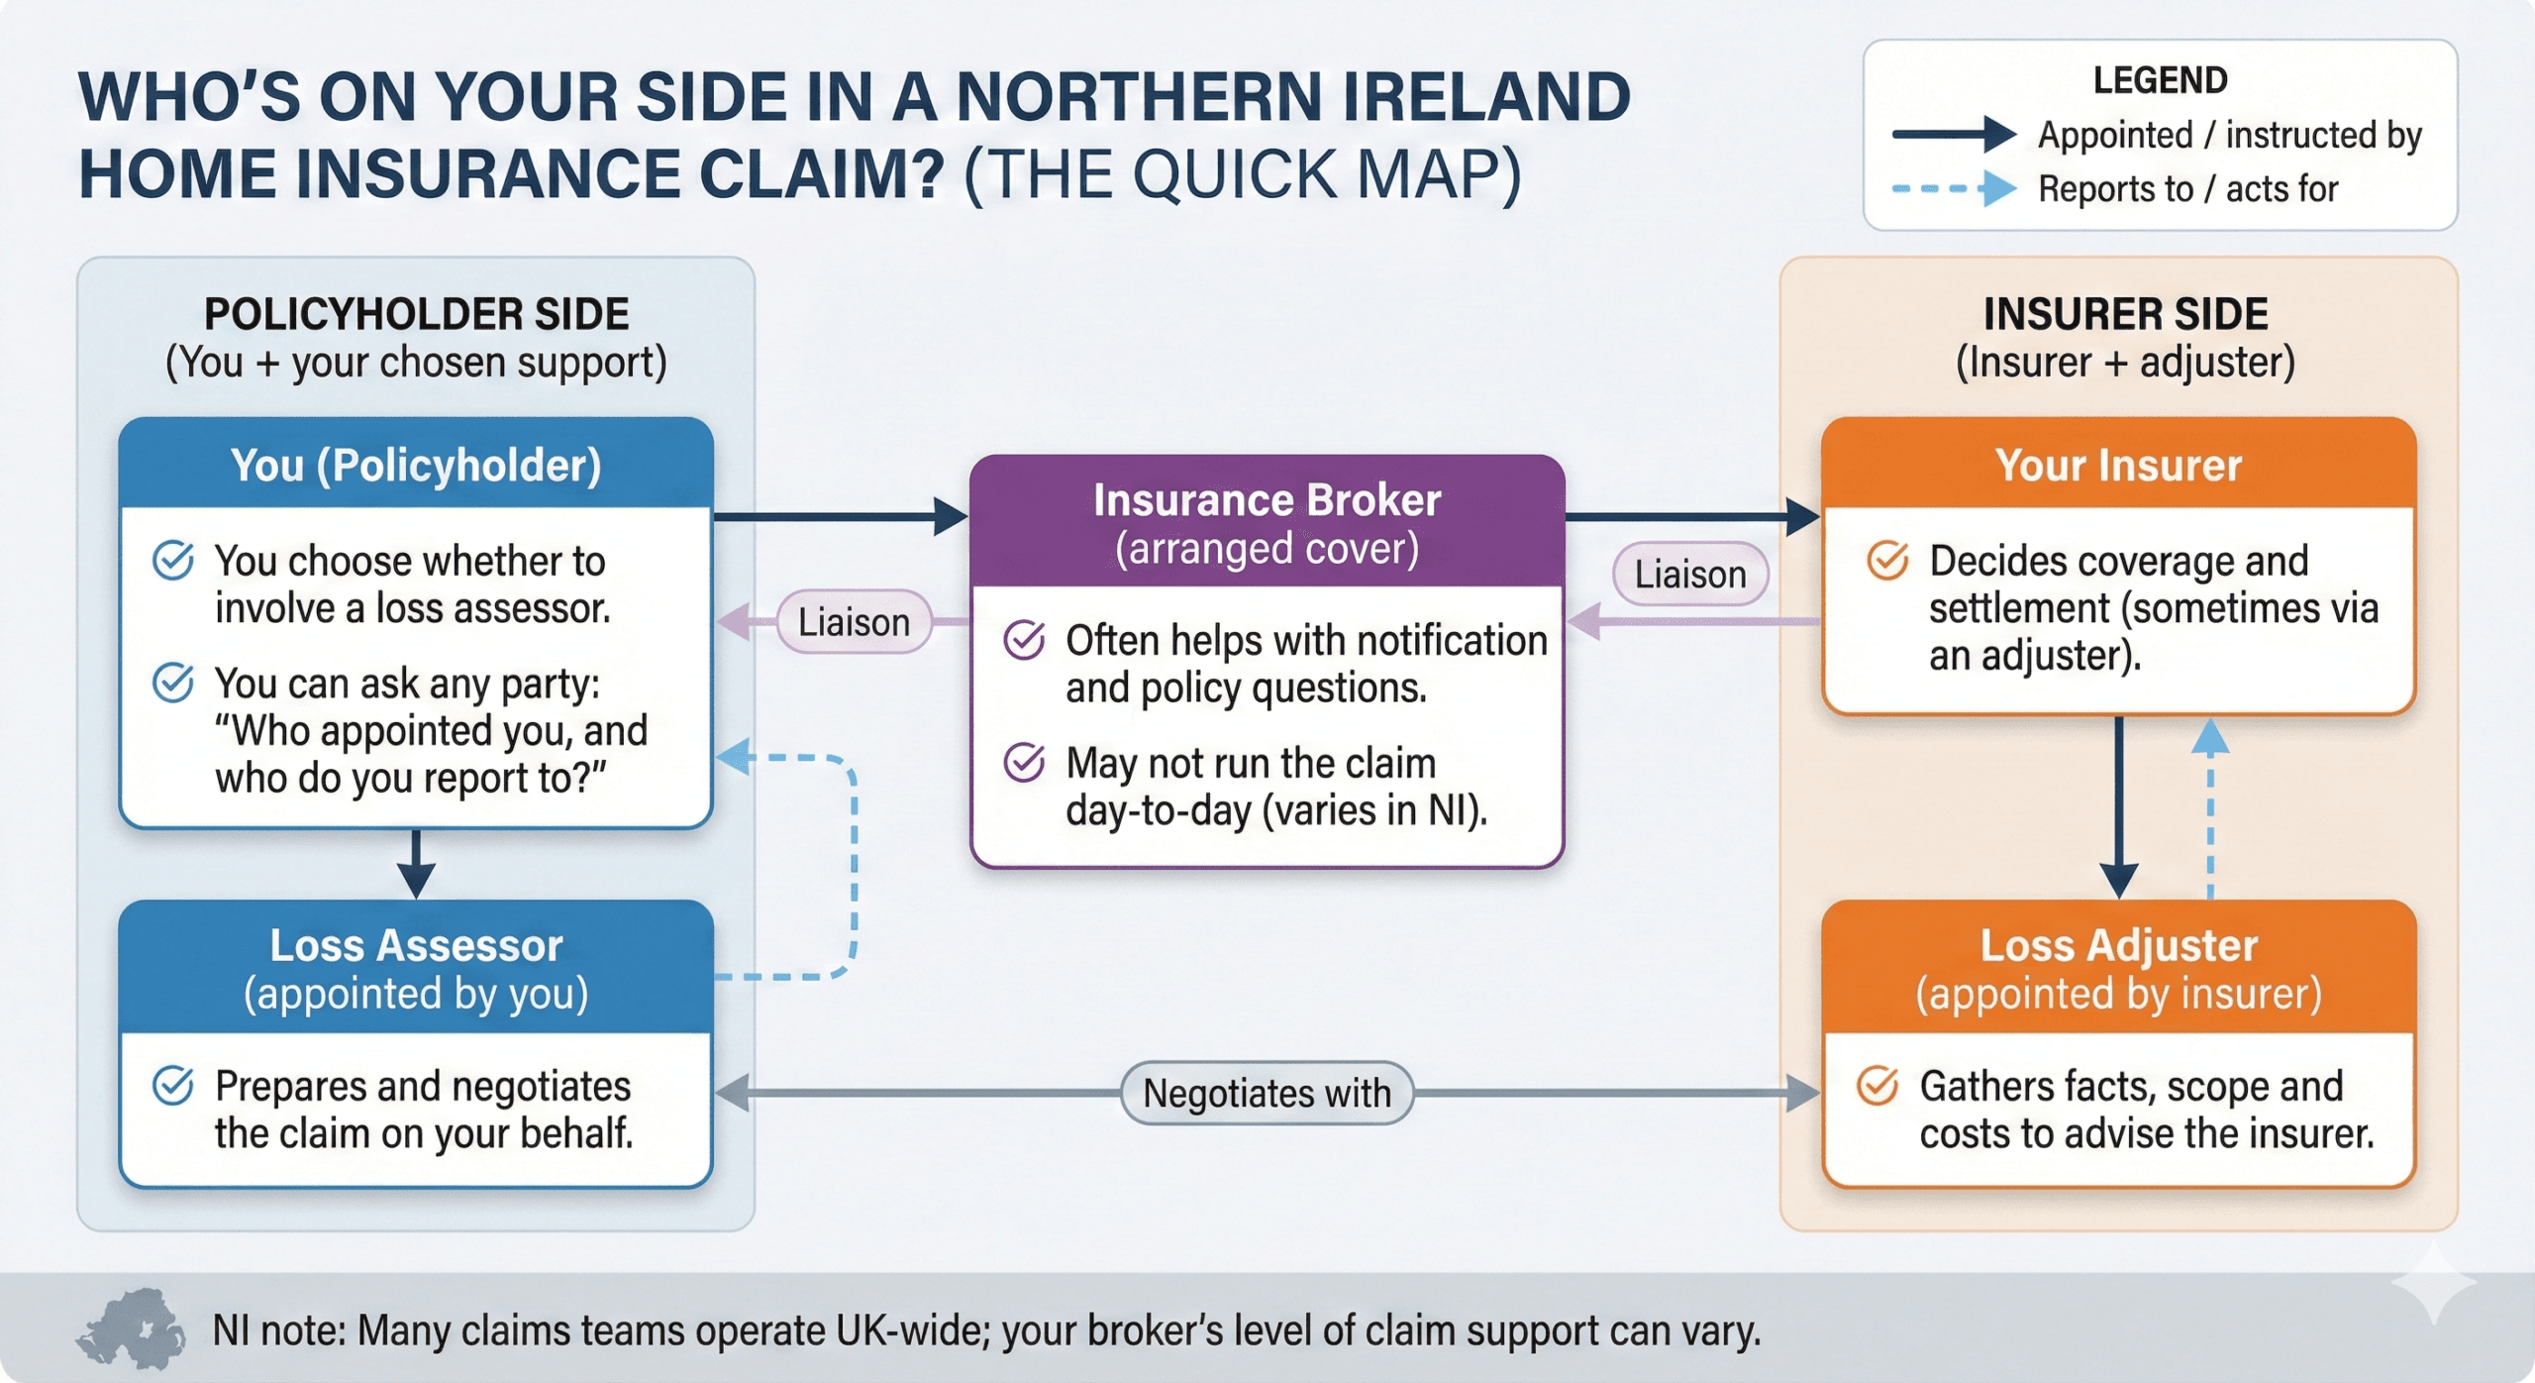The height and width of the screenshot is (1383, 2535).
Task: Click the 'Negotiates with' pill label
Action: (1267, 1093)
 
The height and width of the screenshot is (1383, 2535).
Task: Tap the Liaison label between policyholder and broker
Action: (854, 622)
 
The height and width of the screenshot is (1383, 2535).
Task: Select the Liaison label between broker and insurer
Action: (1690, 574)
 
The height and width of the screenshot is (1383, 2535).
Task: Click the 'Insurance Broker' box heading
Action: (1267, 500)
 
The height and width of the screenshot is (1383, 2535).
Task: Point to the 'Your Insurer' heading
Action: (2118, 466)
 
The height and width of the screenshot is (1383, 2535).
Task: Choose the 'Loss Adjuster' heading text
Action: (2119, 945)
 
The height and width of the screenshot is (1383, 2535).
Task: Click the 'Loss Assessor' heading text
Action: (416, 945)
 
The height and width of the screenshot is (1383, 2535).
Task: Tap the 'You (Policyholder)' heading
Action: (416, 466)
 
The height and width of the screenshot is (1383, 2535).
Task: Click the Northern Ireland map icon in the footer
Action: (131, 1329)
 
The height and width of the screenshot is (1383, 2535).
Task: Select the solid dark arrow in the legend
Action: (1953, 134)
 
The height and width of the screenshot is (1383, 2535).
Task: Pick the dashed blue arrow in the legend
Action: (1953, 188)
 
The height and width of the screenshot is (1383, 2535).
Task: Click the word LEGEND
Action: (2160, 80)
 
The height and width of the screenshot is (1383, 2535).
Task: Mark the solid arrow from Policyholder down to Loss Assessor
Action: (416, 863)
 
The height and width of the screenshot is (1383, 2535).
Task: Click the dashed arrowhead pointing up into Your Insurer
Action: (2210, 736)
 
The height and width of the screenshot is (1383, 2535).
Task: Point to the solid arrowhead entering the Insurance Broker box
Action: (951, 516)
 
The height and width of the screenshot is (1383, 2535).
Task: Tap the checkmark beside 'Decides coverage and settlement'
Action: (1887, 560)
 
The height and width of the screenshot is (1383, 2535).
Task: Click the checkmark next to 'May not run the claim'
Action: (1024, 762)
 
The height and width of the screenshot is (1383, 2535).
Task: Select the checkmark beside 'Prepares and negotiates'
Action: (172, 1085)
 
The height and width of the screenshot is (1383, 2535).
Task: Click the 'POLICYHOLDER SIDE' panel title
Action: (416, 314)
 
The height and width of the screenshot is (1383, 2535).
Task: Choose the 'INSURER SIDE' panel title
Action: (2125, 314)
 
